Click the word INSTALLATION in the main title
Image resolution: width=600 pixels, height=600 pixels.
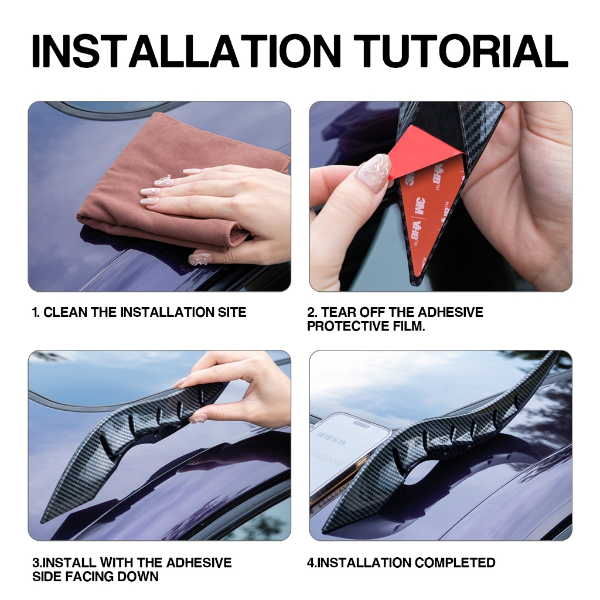point(186,51)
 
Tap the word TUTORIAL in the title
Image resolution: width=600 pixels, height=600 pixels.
point(461,51)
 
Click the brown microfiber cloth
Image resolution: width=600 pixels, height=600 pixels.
point(172,183)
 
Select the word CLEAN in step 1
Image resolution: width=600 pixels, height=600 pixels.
point(66,312)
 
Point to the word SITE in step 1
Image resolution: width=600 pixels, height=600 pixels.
point(232,312)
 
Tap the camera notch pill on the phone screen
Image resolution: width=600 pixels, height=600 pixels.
point(360,424)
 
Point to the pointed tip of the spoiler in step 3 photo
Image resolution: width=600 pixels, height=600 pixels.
point(42,521)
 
